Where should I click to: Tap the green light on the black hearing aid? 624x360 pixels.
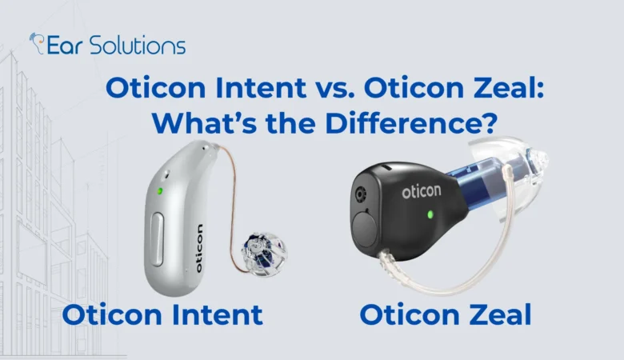coord(430,214)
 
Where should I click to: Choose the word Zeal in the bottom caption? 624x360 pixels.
coord(496,315)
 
